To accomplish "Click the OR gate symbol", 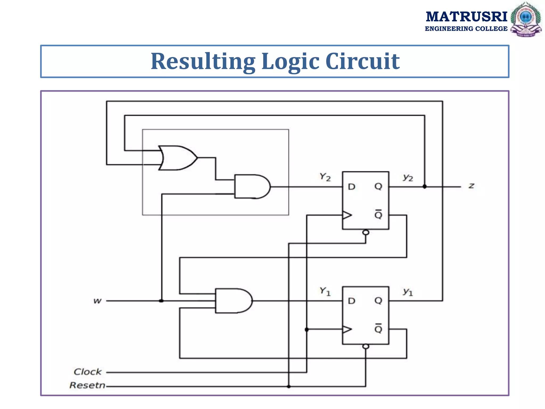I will click(177, 158).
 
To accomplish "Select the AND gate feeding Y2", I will click(251, 187).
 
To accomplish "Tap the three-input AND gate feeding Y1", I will click(233, 301).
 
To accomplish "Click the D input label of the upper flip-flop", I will click(352, 187).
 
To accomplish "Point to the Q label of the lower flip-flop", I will click(378, 301).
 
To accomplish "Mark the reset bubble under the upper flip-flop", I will click(366, 232).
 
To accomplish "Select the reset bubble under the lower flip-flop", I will click(366, 346).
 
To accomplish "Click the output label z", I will click(471, 186).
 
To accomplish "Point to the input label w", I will click(97, 301).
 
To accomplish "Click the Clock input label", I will click(88, 372).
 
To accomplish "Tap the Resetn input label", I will click(87, 385).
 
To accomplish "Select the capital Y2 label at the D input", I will click(325, 177).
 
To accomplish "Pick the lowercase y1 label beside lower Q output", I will click(408, 292).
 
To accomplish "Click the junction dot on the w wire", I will click(161, 301).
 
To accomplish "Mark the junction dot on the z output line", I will click(425, 187).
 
